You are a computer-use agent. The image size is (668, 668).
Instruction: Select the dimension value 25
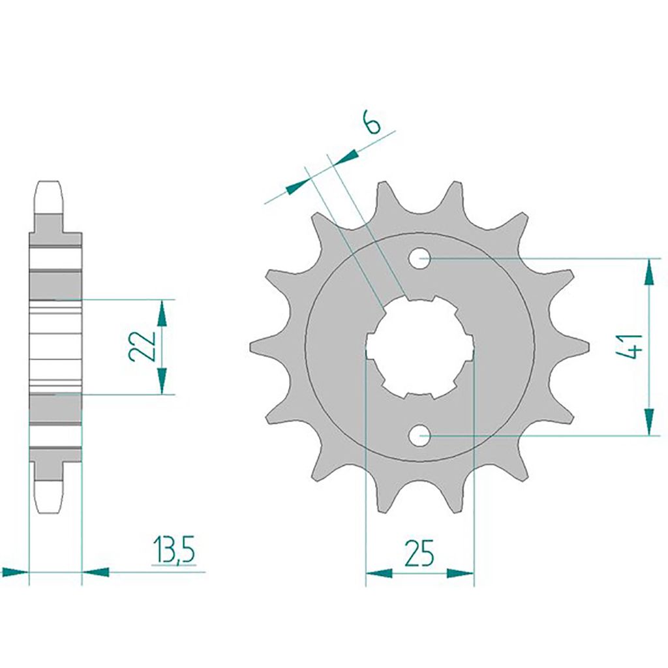(x=419, y=553)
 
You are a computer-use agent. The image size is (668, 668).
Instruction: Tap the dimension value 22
(x=144, y=346)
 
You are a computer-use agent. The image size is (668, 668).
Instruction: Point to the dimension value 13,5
(x=174, y=551)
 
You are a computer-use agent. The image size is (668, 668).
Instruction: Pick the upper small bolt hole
(x=419, y=258)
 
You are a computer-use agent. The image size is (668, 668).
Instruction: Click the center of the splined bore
(x=419, y=348)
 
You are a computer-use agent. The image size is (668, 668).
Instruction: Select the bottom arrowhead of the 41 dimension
(x=649, y=422)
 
